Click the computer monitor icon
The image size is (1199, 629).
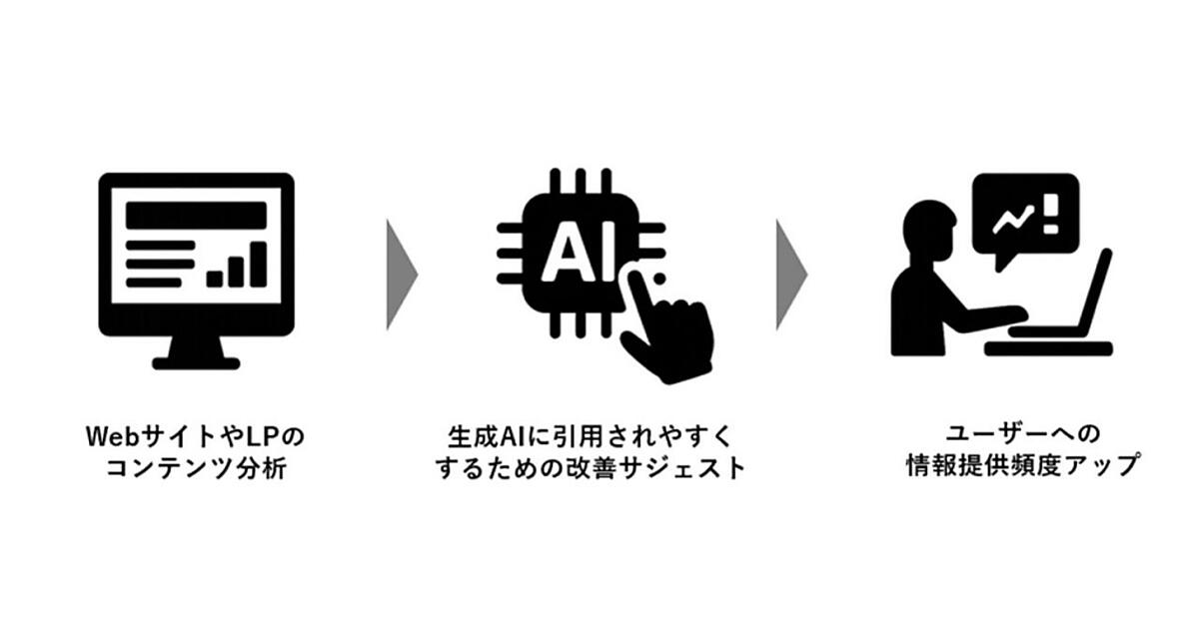click(x=196, y=265)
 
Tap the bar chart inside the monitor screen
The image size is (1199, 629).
click(x=238, y=264)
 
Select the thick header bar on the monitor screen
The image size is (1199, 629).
click(x=196, y=213)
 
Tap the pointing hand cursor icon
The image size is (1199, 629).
click(x=664, y=324)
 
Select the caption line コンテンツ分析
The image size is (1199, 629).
click(x=196, y=467)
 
